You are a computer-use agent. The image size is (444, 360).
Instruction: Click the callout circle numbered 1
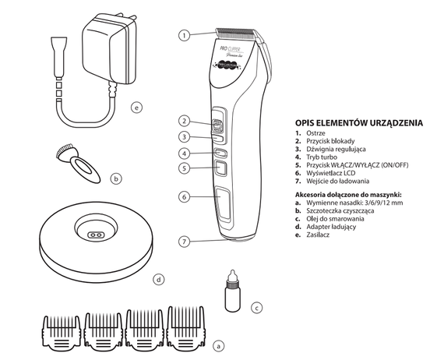point(184,35)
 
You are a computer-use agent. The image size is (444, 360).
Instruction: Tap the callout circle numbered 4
point(184,154)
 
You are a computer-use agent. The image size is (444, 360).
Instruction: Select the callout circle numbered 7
point(184,242)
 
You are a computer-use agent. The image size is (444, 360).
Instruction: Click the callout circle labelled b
point(116,178)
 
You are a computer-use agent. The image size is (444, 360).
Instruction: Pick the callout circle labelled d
point(159,277)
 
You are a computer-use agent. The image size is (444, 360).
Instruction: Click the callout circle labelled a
point(218,342)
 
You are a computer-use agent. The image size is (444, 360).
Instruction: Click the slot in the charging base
point(94,234)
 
